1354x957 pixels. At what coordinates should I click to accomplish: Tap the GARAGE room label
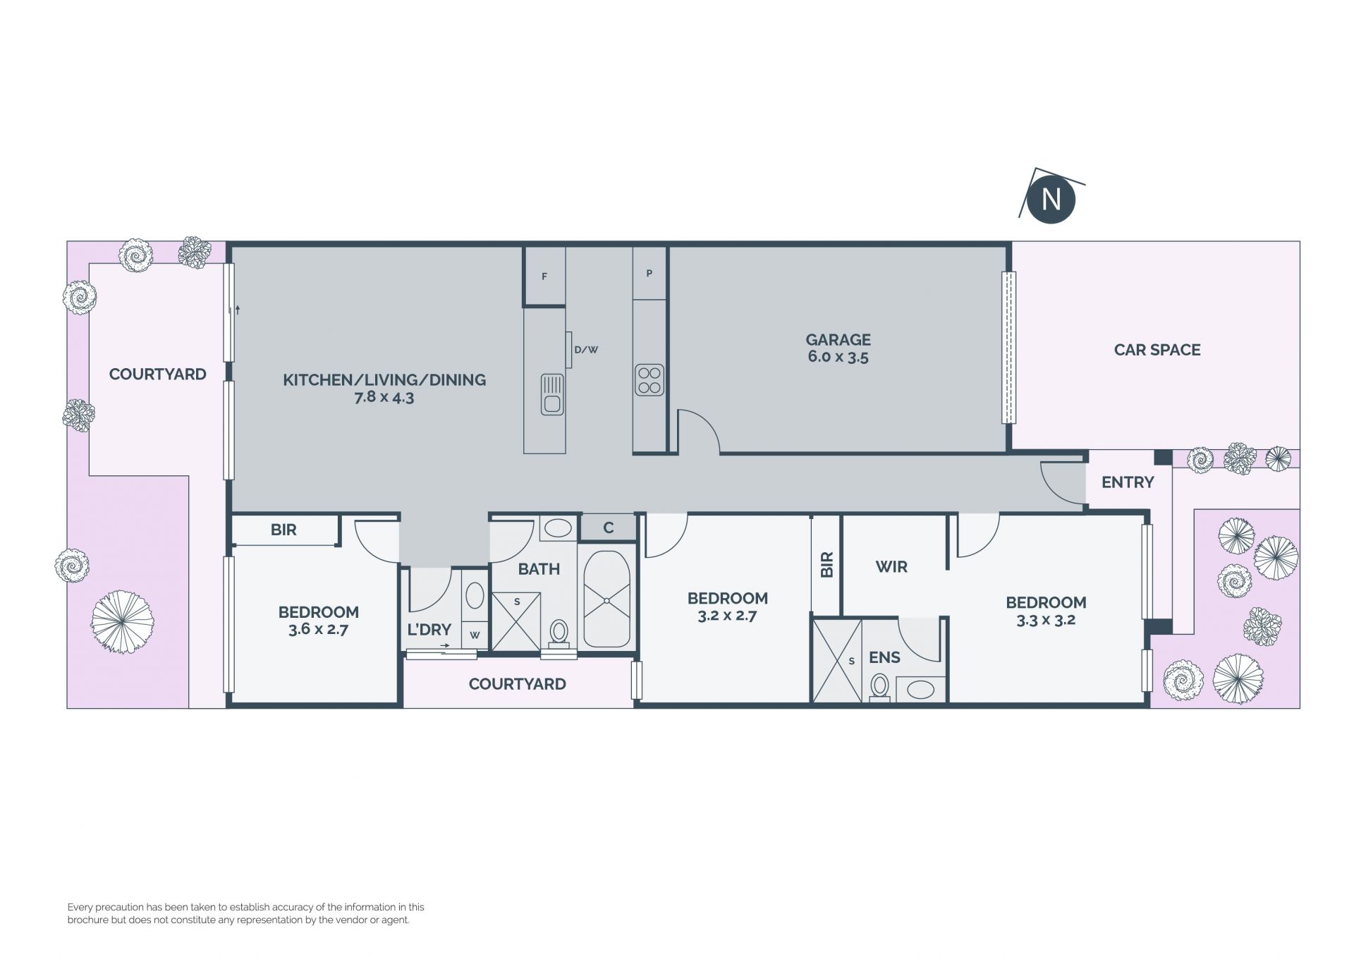[x=838, y=339]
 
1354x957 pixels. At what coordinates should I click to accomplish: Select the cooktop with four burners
[x=649, y=380]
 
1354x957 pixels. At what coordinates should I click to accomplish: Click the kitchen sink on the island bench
[x=552, y=394]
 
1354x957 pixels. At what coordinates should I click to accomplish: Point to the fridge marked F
[x=544, y=276]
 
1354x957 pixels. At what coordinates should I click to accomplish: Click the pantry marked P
[x=649, y=273]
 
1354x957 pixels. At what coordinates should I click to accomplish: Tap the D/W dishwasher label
[x=586, y=349]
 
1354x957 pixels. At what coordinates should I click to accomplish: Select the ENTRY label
[x=1128, y=482]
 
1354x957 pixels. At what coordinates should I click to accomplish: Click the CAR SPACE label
[x=1157, y=350]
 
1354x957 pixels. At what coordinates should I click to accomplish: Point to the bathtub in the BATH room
[x=607, y=599]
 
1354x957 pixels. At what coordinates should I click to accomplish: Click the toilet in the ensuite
[x=880, y=688]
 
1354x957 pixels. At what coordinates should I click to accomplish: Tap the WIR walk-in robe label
[x=891, y=567]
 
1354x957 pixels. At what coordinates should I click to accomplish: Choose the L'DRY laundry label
[x=429, y=630]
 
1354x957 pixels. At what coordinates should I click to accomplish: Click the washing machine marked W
[x=475, y=635]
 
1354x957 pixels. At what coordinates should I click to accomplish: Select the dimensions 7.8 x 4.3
[x=384, y=397]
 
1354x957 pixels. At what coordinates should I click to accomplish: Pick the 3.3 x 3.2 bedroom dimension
[x=1046, y=621]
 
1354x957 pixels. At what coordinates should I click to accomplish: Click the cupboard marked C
[x=608, y=528]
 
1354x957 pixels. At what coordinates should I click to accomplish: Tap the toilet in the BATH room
[x=559, y=633]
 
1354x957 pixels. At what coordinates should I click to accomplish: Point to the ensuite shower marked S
[x=837, y=661]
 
